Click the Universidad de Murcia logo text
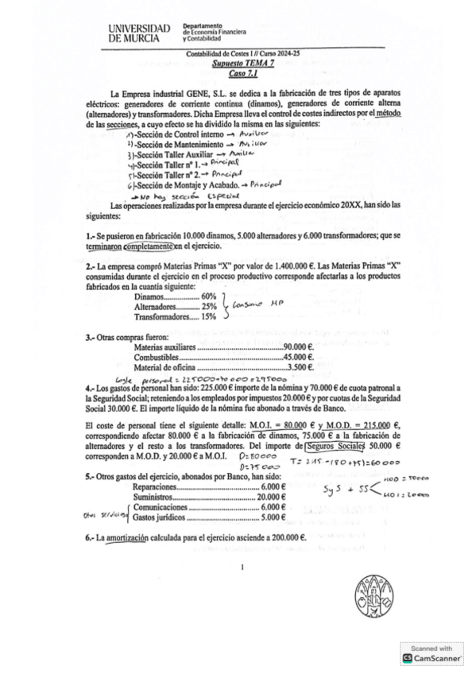tap(143, 32)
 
